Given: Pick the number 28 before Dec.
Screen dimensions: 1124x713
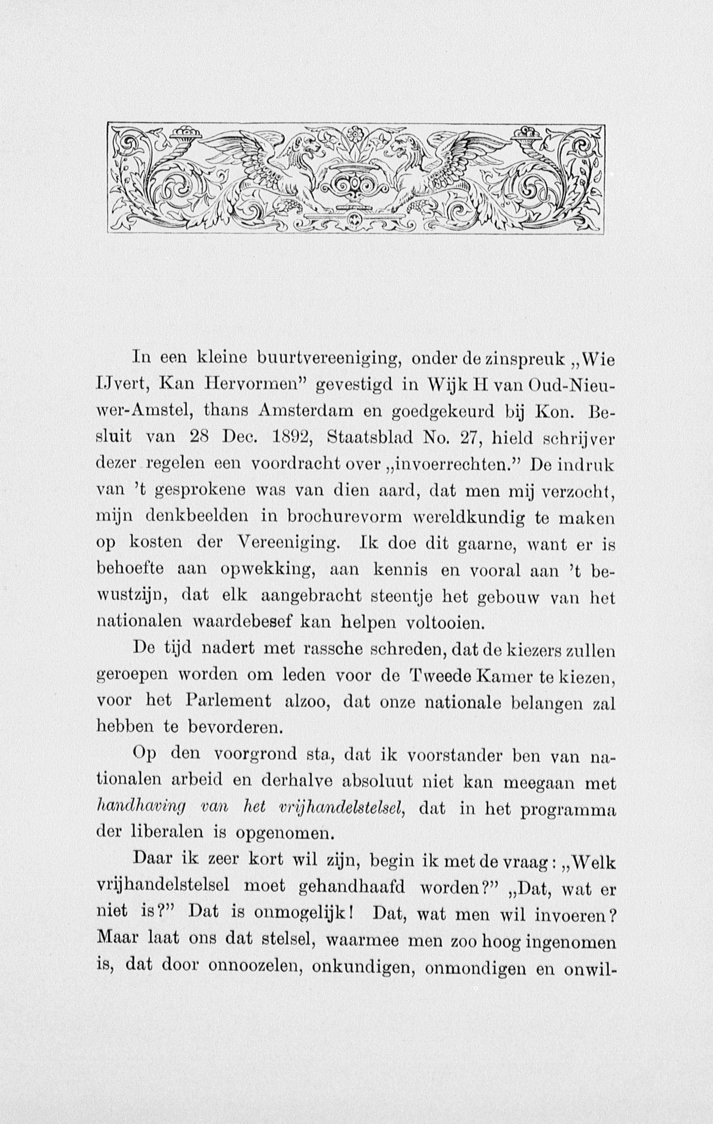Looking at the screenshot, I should [x=202, y=439].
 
